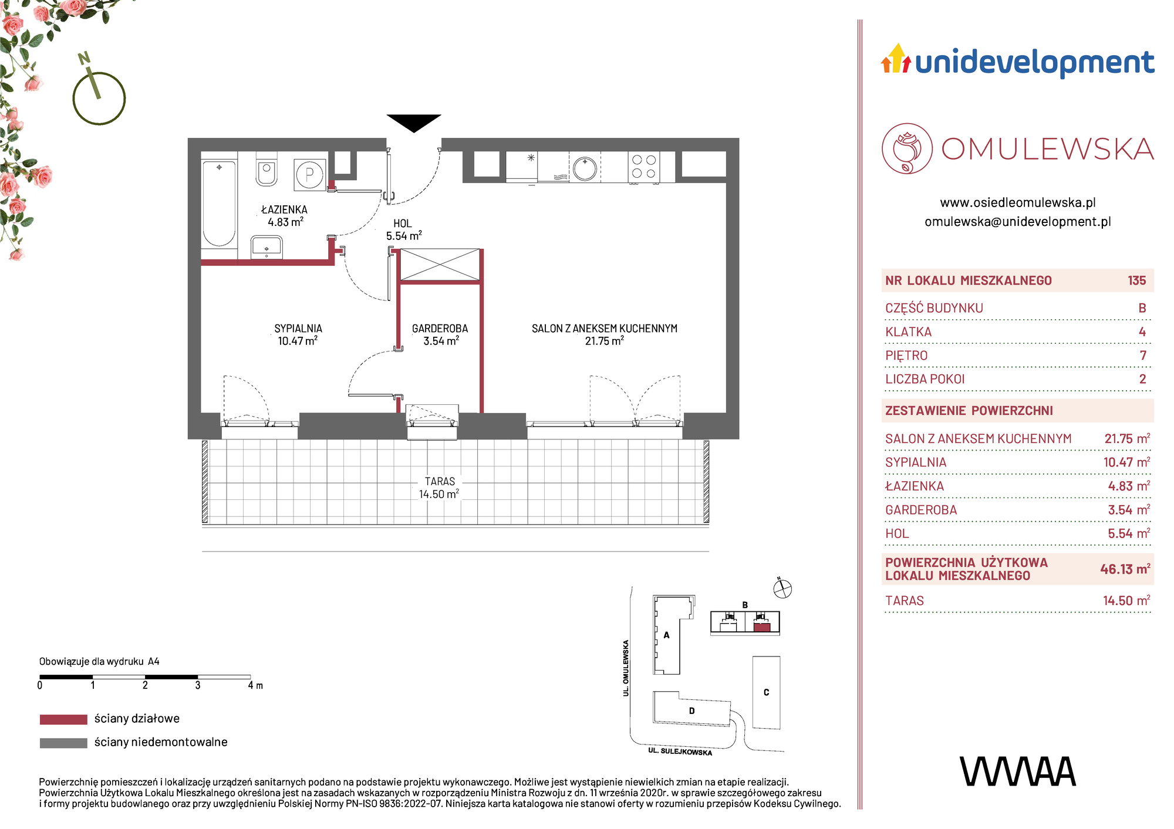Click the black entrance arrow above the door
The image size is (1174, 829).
(x=414, y=123)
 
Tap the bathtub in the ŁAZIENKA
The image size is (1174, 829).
(x=219, y=204)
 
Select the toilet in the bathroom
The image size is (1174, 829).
(x=266, y=168)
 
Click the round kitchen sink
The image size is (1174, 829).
(x=585, y=168)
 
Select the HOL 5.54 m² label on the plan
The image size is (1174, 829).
(x=404, y=229)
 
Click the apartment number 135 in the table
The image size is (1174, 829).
(x=1136, y=280)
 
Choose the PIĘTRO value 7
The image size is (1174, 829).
(x=1143, y=356)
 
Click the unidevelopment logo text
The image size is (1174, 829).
(x=1034, y=63)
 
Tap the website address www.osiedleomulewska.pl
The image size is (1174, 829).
(x=1018, y=202)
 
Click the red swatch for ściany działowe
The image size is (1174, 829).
(x=63, y=719)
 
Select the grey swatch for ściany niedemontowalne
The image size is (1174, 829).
(x=63, y=743)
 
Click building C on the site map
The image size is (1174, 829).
(x=767, y=692)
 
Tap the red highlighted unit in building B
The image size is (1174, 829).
(x=762, y=627)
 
